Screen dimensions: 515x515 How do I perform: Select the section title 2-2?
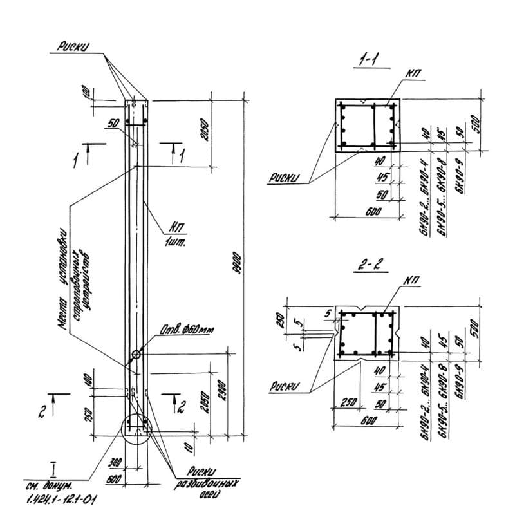(368, 265)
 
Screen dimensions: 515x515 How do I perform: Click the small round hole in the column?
(136, 354)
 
